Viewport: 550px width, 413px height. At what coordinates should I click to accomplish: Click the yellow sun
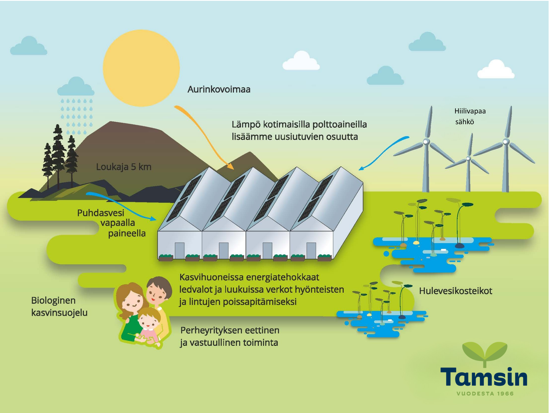tap(141, 68)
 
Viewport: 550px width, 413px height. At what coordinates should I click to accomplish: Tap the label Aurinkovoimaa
tap(219, 89)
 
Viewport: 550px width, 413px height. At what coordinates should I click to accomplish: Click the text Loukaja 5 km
tap(124, 167)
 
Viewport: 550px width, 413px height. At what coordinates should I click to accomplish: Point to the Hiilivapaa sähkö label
tap(470, 116)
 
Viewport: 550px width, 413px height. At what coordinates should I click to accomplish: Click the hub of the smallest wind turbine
tap(468, 159)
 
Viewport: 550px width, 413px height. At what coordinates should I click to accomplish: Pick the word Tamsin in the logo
tap(484, 377)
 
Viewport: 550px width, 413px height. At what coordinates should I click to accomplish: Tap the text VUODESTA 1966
tap(485, 393)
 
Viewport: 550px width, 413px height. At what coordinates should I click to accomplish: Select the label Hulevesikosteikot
tap(455, 291)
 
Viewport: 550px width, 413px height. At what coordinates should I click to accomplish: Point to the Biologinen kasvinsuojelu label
tap(59, 306)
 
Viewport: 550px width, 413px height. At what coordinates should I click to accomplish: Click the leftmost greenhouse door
tap(180, 251)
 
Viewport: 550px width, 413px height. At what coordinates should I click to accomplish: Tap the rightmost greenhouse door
tap(311, 251)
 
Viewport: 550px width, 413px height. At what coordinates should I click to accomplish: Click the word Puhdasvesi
tap(101, 213)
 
